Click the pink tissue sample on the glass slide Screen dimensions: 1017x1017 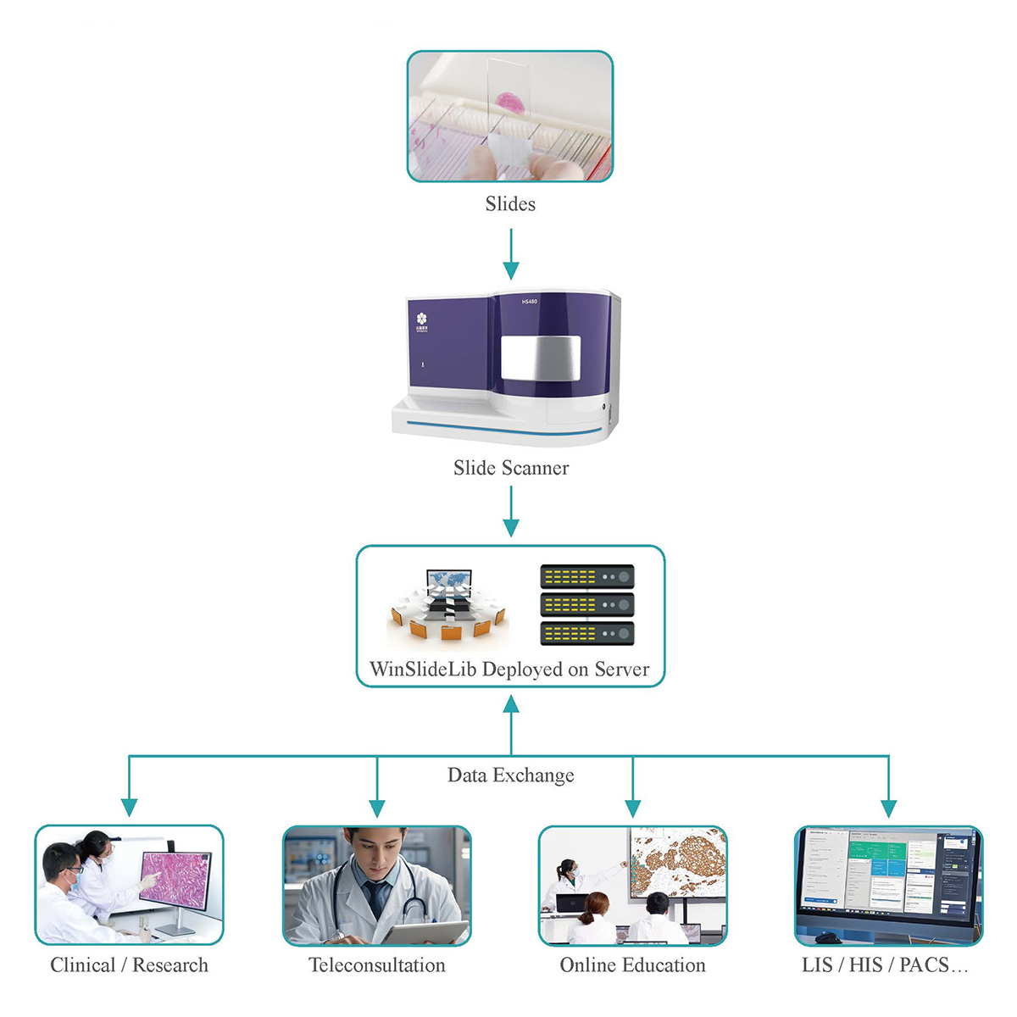coord(511,103)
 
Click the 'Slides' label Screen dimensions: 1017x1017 coord(510,204)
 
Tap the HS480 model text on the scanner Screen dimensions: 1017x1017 coord(529,302)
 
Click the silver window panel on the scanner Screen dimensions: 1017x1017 coord(541,357)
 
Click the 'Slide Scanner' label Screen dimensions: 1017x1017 coord(510,468)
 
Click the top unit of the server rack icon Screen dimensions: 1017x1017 coord(586,577)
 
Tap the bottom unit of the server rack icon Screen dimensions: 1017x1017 coord(586,633)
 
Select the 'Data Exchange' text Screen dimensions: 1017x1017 coord(510,775)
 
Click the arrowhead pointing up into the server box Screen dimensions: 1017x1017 coord(510,705)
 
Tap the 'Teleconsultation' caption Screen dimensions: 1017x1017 coord(376,965)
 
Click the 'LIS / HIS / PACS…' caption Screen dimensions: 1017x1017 coord(884,965)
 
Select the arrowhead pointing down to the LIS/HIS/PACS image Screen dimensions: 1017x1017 coord(888,807)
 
